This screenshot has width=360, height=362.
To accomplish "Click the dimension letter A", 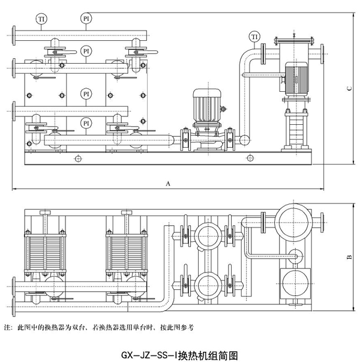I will click(x=169, y=181).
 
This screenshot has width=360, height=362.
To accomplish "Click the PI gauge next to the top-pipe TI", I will click(x=86, y=19).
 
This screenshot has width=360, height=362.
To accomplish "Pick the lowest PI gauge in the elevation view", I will click(x=86, y=124).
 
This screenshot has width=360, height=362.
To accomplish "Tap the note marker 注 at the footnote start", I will click(x=7, y=328).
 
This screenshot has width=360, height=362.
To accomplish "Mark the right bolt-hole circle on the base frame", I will click(x=249, y=158).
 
